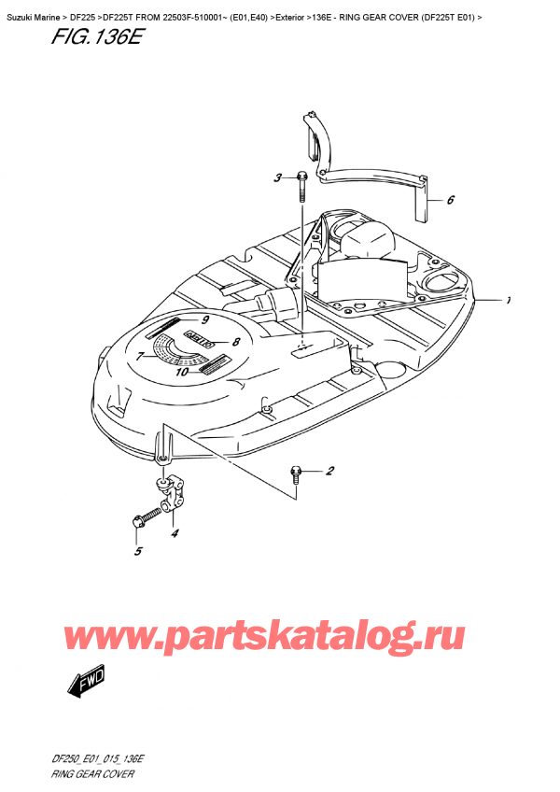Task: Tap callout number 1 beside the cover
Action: tap(509, 301)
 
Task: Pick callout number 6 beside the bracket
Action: tap(139, 356)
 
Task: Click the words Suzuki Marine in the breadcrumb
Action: tap(35, 9)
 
